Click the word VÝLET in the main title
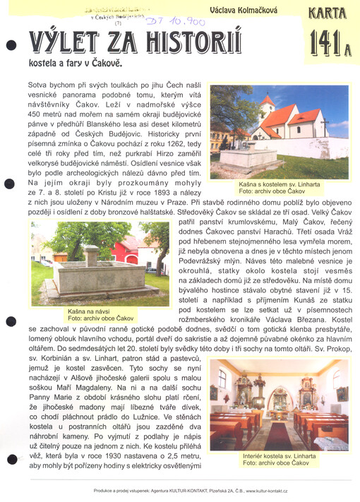coord(65,43)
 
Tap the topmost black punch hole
coord(10,46)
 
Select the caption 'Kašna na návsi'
coord(90,311)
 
